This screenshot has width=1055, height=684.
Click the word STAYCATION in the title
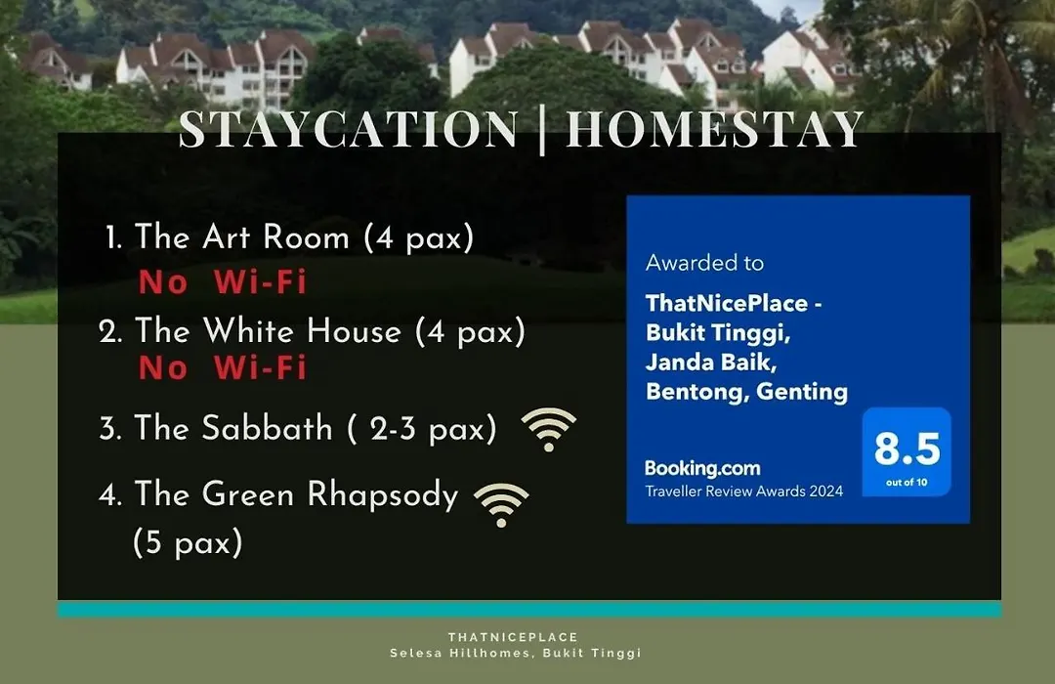349,129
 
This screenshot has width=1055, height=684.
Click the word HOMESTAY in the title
714,129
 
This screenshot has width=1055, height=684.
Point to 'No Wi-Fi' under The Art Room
223,281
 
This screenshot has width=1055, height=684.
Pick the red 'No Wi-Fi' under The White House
223,367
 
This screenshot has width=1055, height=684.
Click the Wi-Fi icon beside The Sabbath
548,430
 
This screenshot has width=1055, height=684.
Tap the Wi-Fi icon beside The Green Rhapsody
501,505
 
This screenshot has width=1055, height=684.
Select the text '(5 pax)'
188,542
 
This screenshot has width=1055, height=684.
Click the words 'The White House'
269,331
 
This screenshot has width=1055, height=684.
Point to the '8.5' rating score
907,449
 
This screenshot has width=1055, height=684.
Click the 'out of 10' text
907,482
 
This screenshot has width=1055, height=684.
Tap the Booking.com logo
702,468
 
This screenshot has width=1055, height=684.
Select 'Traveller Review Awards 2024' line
744,492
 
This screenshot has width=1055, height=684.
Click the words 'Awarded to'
704,263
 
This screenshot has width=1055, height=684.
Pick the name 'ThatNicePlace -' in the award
734,304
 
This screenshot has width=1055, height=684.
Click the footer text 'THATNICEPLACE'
514,637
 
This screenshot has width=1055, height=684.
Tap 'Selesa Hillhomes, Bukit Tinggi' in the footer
516,653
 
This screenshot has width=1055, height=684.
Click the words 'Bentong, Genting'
747,392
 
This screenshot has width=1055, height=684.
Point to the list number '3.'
110,429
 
